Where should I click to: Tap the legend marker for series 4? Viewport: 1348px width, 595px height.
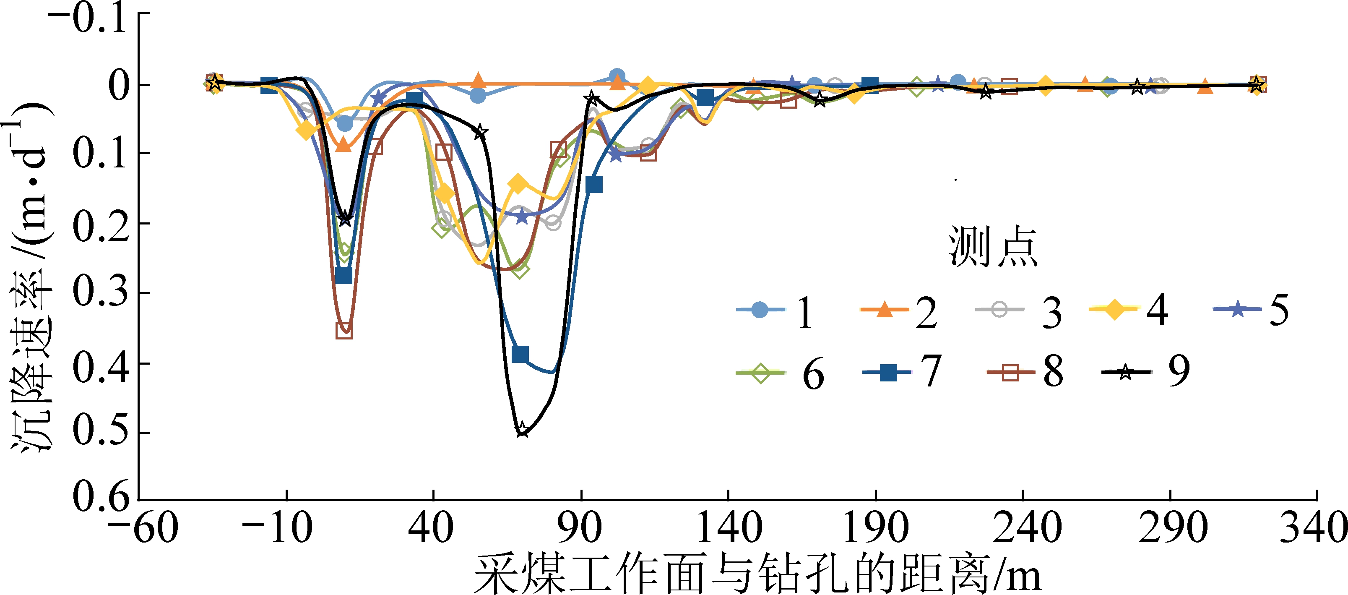pyautogui.click(x=1114, y=310)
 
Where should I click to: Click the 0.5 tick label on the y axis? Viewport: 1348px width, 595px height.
pyautogui.click(x=101, y=431)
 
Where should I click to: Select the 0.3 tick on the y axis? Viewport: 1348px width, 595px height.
pyautogui.click(x=101, y=292)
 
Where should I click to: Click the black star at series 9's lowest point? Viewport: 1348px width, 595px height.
pyautogui.click(x=522, y=430)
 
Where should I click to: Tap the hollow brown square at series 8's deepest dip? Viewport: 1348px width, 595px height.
pyautogui.click(x=344, y=331)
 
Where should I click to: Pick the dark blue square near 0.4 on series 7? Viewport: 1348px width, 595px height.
pyautogui.click(x=520, y=354)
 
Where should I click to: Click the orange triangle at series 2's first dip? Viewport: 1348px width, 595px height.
pyautogui.click(x=343, y=144)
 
